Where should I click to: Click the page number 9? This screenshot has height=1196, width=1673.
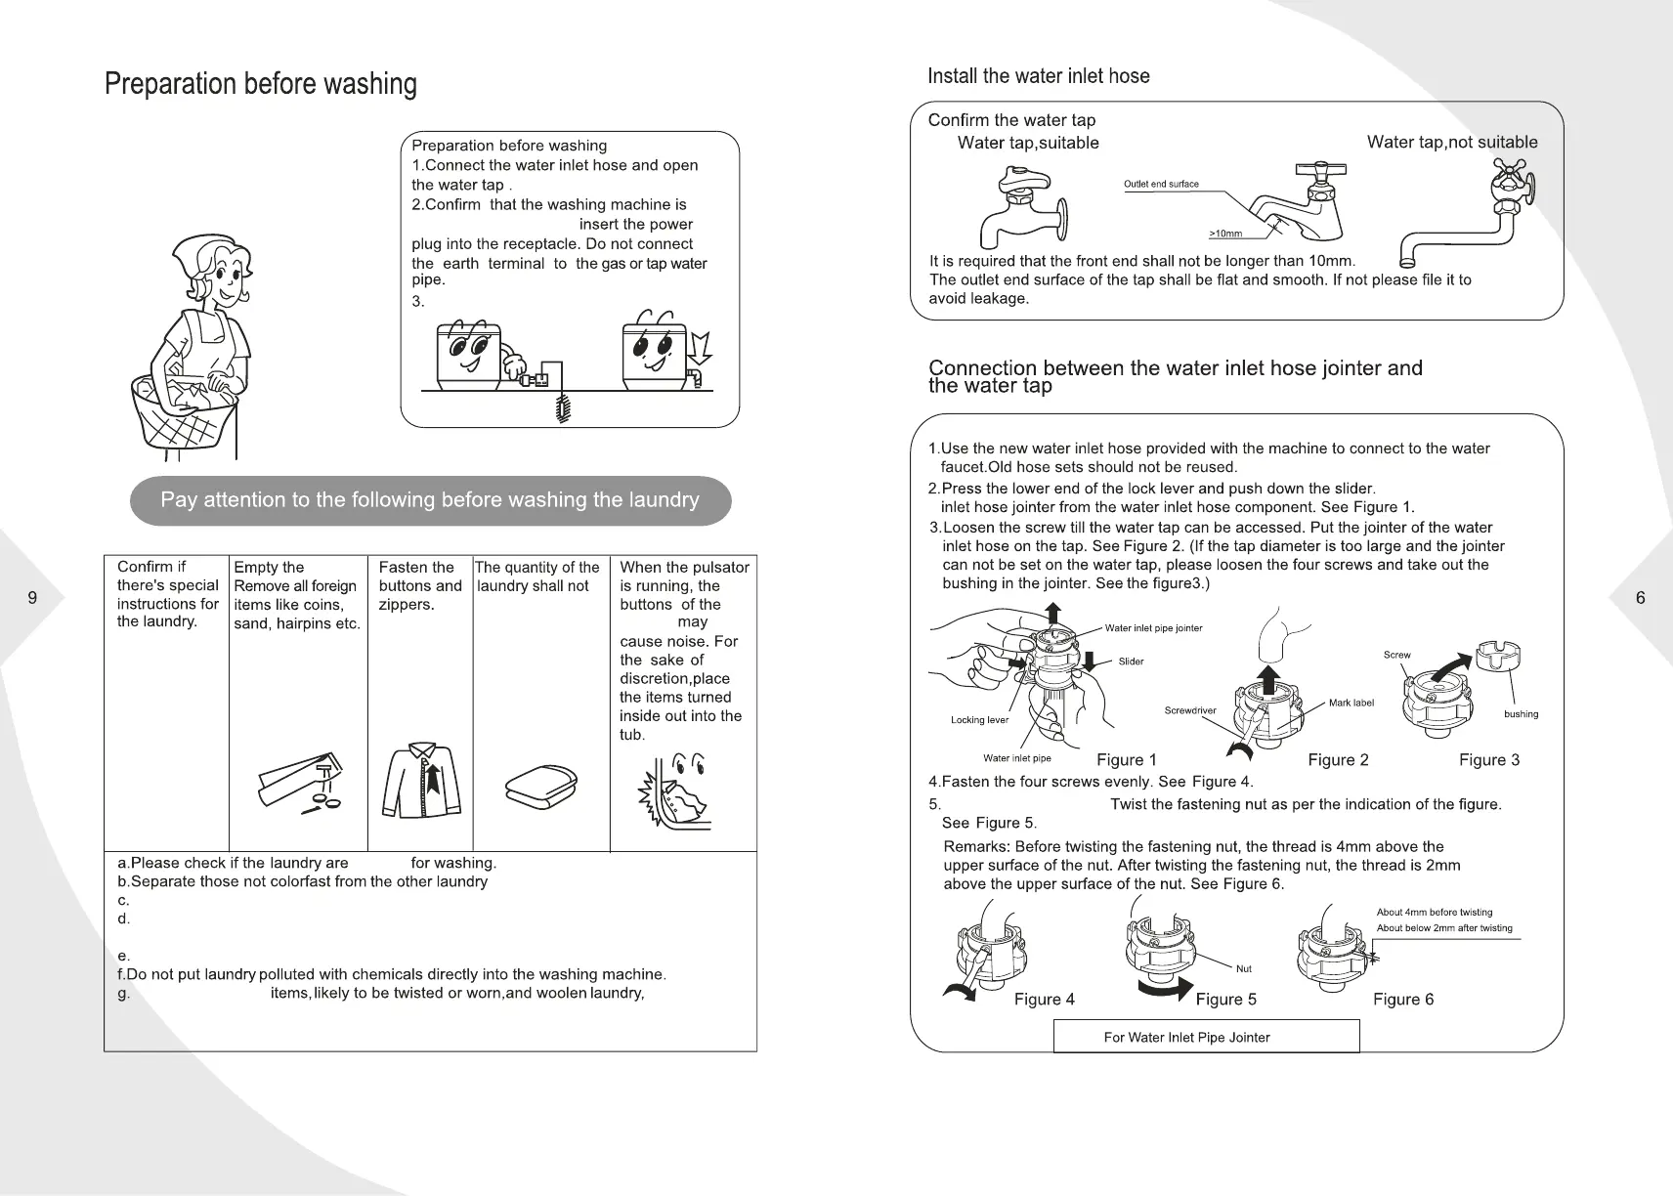32,598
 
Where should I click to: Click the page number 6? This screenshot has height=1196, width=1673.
1640,598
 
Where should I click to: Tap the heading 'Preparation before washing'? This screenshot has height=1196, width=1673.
260,84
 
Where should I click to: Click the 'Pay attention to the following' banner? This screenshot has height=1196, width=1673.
430,500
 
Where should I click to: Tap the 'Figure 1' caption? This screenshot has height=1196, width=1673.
1126,760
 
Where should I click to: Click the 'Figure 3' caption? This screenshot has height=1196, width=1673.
1488,760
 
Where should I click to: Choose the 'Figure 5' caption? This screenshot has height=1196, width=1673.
1225,1000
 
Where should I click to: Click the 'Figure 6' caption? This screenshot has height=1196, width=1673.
1402,1000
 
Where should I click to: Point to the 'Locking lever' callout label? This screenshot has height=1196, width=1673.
979,720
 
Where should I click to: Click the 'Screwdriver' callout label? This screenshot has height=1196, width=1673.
1189,710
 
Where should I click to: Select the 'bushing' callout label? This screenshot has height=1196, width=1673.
1521,714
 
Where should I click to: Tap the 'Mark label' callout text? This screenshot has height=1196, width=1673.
1351,704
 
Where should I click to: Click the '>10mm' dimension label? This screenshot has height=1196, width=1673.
1224,234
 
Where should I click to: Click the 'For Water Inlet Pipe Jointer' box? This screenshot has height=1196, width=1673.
1206,1037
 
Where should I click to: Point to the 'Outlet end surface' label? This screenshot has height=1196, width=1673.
1160,184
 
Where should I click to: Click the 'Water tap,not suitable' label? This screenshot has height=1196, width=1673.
1451,143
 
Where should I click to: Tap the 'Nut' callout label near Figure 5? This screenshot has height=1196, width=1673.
1243,969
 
